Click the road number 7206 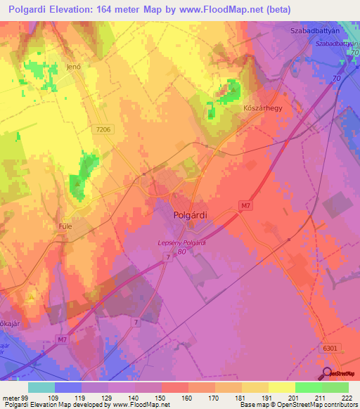(x=105, y=130)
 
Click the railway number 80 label (x=182, y=252)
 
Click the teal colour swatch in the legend (x=41, y=387)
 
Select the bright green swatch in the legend (x=308, y=387)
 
